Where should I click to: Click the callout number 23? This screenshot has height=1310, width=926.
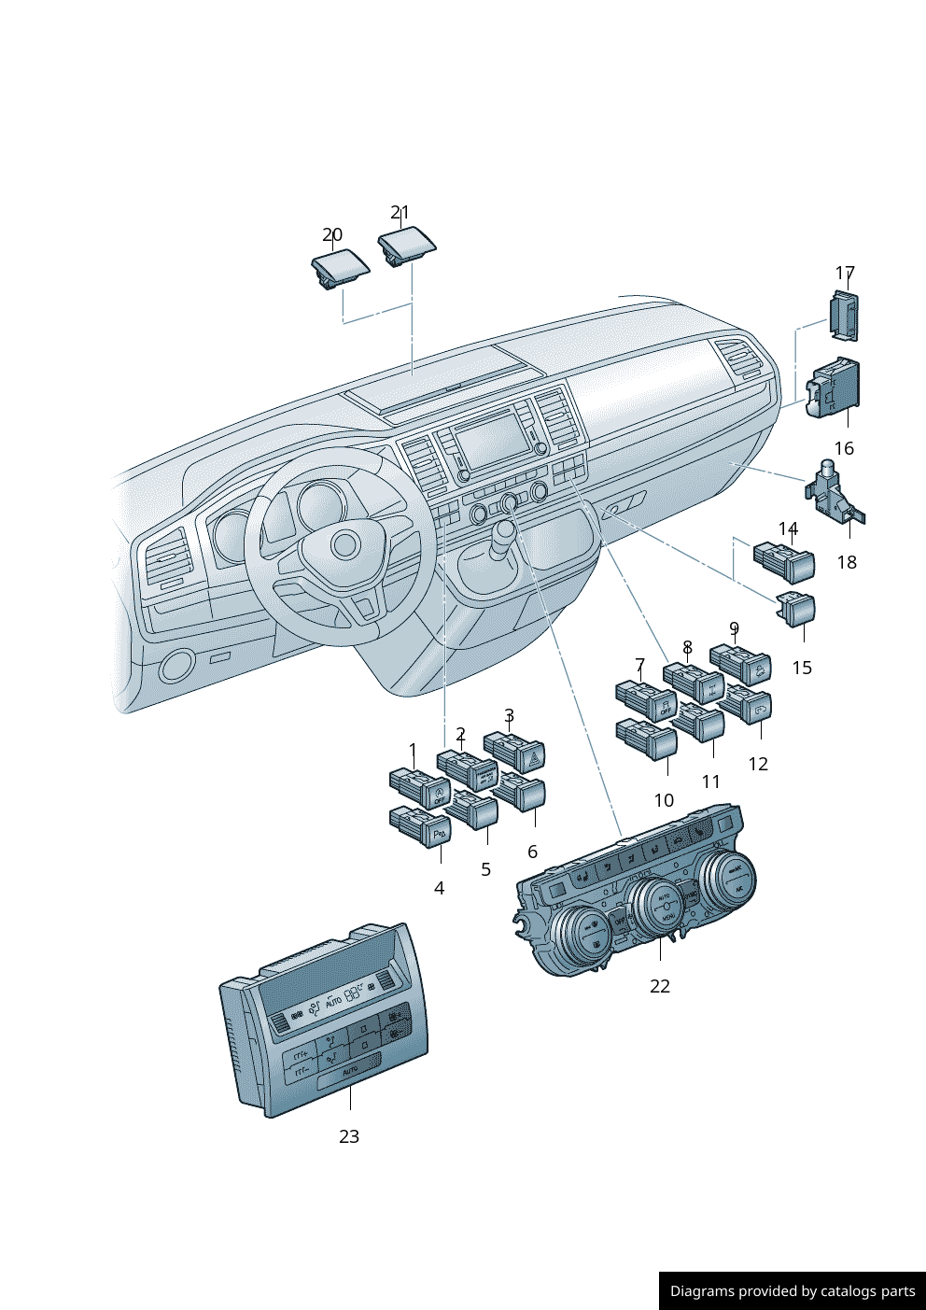click(348, 1136)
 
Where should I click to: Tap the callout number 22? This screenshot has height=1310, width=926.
click(660, 986)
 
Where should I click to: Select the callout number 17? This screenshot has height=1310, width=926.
click(845, 273)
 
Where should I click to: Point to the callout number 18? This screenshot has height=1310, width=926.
click(847, 562)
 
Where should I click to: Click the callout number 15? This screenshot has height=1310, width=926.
click(802, 668)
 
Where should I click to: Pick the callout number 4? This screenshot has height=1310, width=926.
click(439, 888)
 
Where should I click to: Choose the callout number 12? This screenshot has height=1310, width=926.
click(758, 764)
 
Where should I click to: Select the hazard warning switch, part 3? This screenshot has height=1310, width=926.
click(518, 752)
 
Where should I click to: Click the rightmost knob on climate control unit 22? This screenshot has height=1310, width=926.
click(728, 879)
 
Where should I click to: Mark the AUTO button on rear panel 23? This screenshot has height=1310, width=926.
click(349, 1071)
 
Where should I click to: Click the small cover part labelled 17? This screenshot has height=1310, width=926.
click(844, 315)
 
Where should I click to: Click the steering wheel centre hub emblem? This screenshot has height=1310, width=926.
click(344, 544)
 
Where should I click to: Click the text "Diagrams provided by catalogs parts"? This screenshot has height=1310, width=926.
click(793, 1291)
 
